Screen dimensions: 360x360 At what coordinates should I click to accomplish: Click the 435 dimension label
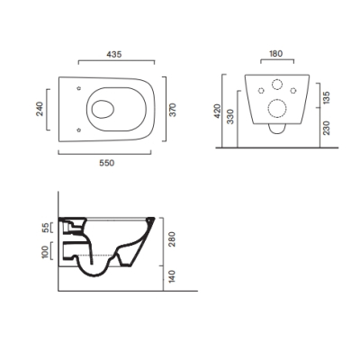pyautogui.click(x=114, y=54)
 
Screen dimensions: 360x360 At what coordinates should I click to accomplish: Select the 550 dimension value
pyautogui.click(x=107, y=163)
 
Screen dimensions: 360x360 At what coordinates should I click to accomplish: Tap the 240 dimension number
pyautogui.click(x=40, y=109)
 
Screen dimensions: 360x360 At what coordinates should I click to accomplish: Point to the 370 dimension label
pyautogui.click(x=173, y=110)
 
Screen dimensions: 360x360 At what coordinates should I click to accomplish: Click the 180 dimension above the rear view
pyautogui.click(x=276, y=54)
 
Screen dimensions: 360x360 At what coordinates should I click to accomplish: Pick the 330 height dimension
pyautogui.click(x=230, y=116)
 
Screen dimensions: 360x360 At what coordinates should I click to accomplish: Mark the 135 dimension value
pyautogui.click(x=327, y=97)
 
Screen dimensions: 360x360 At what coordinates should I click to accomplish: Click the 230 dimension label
pyautogui.click(x=327, y=128)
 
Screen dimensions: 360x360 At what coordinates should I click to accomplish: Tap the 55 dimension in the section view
pyautogui.click(x=44, y=228)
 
